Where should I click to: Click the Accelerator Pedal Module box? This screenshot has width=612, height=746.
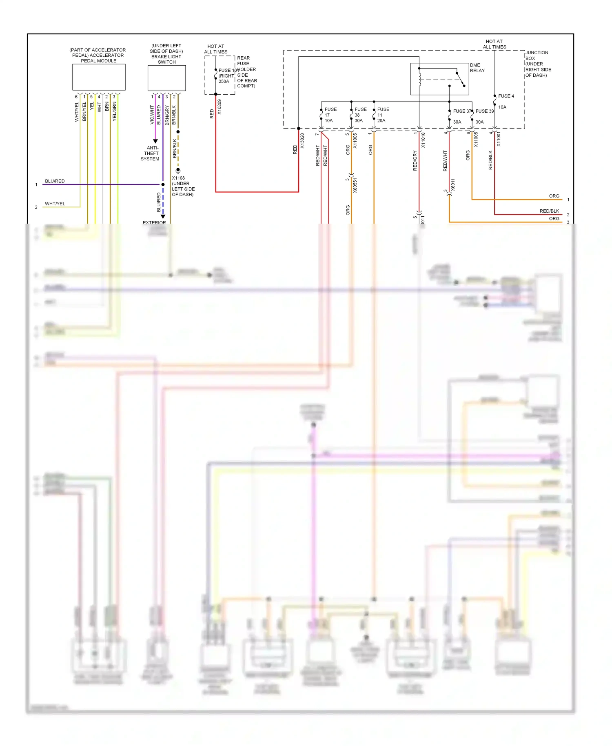(99, 77)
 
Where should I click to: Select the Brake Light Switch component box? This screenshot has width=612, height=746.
(166, 78)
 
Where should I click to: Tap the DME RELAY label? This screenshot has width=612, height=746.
(477, 68)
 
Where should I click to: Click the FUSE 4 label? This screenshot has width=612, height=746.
(506, 96)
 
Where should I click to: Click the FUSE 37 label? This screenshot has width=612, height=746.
(461, 111)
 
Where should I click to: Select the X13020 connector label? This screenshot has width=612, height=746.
(302, 140)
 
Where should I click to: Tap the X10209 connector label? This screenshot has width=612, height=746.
(220, 107)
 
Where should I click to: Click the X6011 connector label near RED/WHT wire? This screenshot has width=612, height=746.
(453, 184)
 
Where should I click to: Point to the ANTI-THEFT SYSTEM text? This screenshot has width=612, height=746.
(151, 153)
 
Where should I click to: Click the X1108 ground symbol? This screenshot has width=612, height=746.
(178, 171)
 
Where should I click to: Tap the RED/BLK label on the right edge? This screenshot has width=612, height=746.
(549, 211)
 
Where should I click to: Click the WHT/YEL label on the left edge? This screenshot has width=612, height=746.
(55, 204)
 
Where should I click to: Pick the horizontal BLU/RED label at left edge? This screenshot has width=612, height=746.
(55, 181)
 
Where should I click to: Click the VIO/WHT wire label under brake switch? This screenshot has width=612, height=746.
(152, 115)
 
